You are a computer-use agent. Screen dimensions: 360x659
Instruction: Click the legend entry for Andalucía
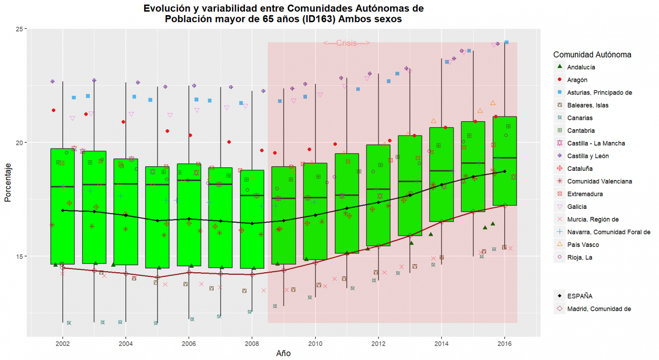click(x=581, y=67)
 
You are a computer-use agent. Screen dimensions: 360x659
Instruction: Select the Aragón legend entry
click(x=577, y=80)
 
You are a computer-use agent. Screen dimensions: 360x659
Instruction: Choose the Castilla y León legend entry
click(x=588, y=156)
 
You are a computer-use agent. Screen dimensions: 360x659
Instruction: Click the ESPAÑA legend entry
click(x=580, y=296)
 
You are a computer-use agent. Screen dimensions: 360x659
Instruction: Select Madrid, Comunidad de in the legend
click(x=599, y=309)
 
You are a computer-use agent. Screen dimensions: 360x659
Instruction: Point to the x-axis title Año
click(x=283, y=353)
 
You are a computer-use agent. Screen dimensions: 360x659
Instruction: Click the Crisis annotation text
click(x=346, y=43)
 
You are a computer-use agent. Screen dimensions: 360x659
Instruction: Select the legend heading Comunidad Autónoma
click(x=592, y=54)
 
